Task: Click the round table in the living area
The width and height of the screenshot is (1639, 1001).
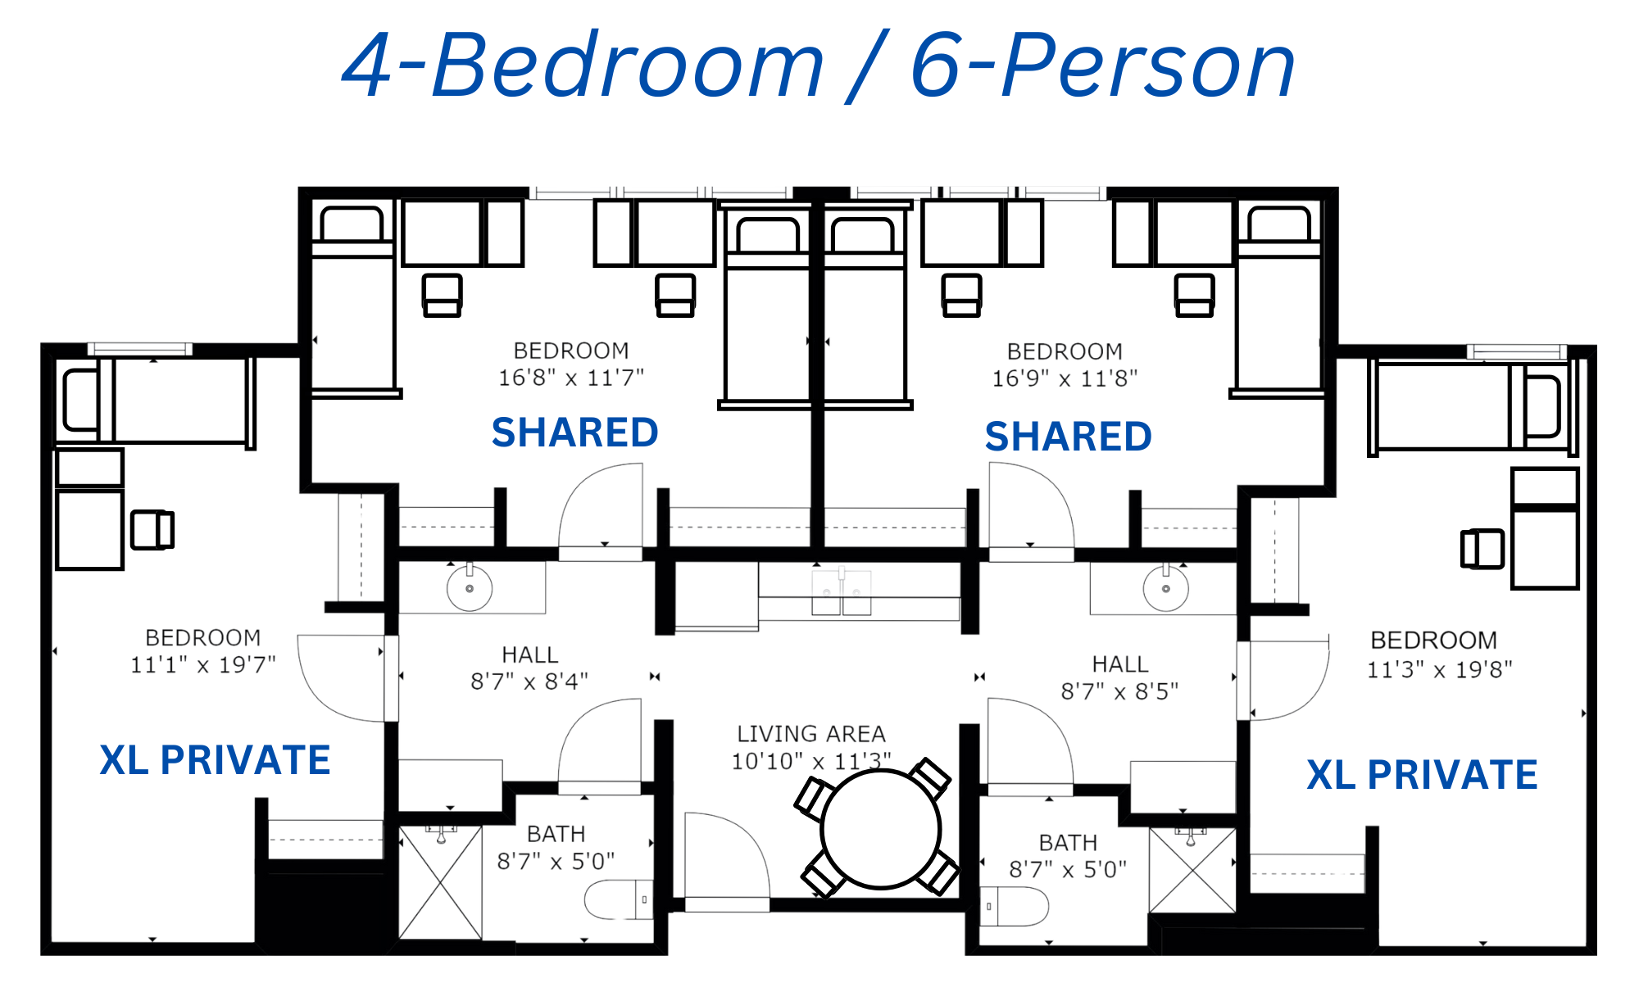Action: tap(880, 829)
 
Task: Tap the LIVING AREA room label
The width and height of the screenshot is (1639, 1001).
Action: tap(811, 734)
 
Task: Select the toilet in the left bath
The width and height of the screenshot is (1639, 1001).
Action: tap(619, 899)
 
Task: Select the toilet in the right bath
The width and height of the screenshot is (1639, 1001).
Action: tap(1015, 907)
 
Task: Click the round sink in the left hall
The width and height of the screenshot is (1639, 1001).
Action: tap(470, 588)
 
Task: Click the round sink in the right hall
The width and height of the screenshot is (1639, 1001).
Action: tap(1165, 588)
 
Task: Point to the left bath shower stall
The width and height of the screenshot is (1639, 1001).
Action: tap(441, 882)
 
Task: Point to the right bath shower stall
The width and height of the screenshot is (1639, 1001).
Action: tap(1192, 870)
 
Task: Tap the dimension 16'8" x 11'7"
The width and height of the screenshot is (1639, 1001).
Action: tap(571, 378)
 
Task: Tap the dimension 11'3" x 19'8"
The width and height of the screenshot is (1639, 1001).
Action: tap(1440, 669)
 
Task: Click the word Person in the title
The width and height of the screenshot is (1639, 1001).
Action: tap(1148, 66)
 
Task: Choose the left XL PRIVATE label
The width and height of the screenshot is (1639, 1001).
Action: tap(215, 760)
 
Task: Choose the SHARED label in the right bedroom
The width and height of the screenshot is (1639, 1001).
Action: tap(1069, 436)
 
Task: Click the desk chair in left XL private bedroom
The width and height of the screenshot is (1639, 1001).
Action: tap(152, 529)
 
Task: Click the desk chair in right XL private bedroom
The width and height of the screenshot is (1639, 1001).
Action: tap(1482, 549)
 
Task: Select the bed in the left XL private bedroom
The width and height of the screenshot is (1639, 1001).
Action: tap(156, 401)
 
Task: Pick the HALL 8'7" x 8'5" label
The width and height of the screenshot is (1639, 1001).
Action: tap(1119, 677)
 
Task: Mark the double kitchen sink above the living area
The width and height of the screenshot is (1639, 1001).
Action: tap(842, 592)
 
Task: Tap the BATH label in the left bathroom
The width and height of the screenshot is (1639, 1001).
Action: tap(556, 834)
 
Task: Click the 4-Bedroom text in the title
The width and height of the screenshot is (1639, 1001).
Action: tap(583, 66)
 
